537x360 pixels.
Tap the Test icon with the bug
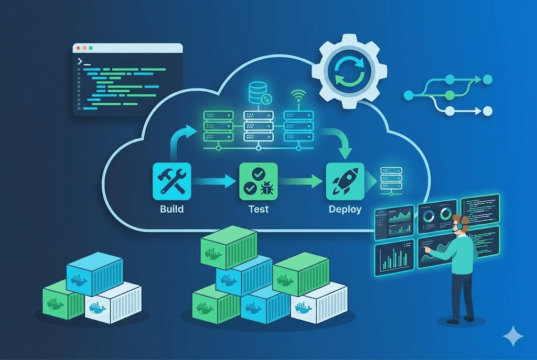point(258,181)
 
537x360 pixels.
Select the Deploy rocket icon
point(345,181)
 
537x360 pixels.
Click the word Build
point(171,209)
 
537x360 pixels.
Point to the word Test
point(258,209)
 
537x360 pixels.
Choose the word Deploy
point(345,209)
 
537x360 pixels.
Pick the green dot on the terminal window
point(91,48)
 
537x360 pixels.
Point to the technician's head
point(460,223)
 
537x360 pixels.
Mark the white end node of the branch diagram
point(487,111)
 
